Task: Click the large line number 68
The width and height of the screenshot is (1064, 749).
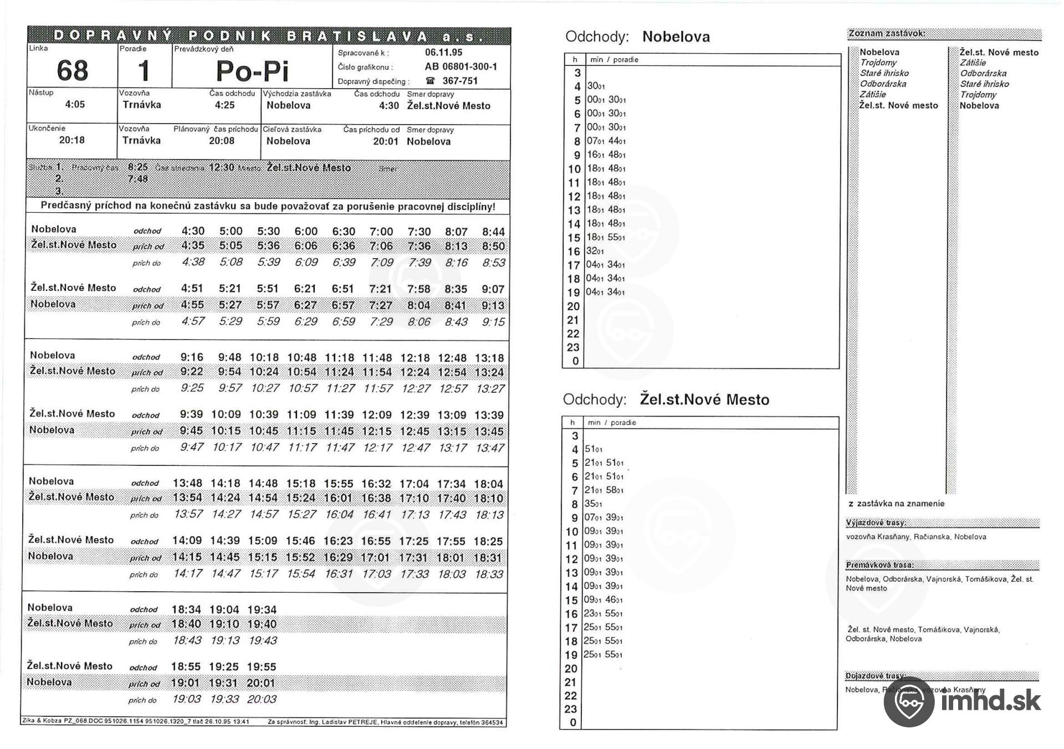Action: pos(72,71)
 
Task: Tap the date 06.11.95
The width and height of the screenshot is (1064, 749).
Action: pos(443,53)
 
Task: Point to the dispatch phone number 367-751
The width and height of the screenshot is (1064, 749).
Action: pos(459,81)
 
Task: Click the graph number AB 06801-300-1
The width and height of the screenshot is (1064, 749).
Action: pos(461,67)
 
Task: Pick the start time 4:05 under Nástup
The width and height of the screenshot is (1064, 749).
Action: pos(75,105)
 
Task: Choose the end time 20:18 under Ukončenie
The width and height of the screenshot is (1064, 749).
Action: pos(72,140)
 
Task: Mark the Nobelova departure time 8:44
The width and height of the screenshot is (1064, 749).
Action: pos(493,232)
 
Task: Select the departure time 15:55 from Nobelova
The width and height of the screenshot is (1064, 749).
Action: pos(338,484)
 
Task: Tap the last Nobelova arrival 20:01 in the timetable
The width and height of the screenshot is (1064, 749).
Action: pos(262,683)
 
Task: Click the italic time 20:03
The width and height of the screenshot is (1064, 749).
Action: pos(262,699)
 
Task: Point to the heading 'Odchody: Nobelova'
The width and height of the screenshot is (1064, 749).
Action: pos(637,37)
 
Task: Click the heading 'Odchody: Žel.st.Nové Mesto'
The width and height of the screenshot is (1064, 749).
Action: pos(666,399)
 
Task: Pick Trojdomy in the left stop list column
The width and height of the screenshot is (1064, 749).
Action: pos(878,63)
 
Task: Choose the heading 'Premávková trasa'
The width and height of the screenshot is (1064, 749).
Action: pos(879,566)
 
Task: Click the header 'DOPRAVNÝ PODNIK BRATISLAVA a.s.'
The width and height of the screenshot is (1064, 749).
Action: pos(269,36)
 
